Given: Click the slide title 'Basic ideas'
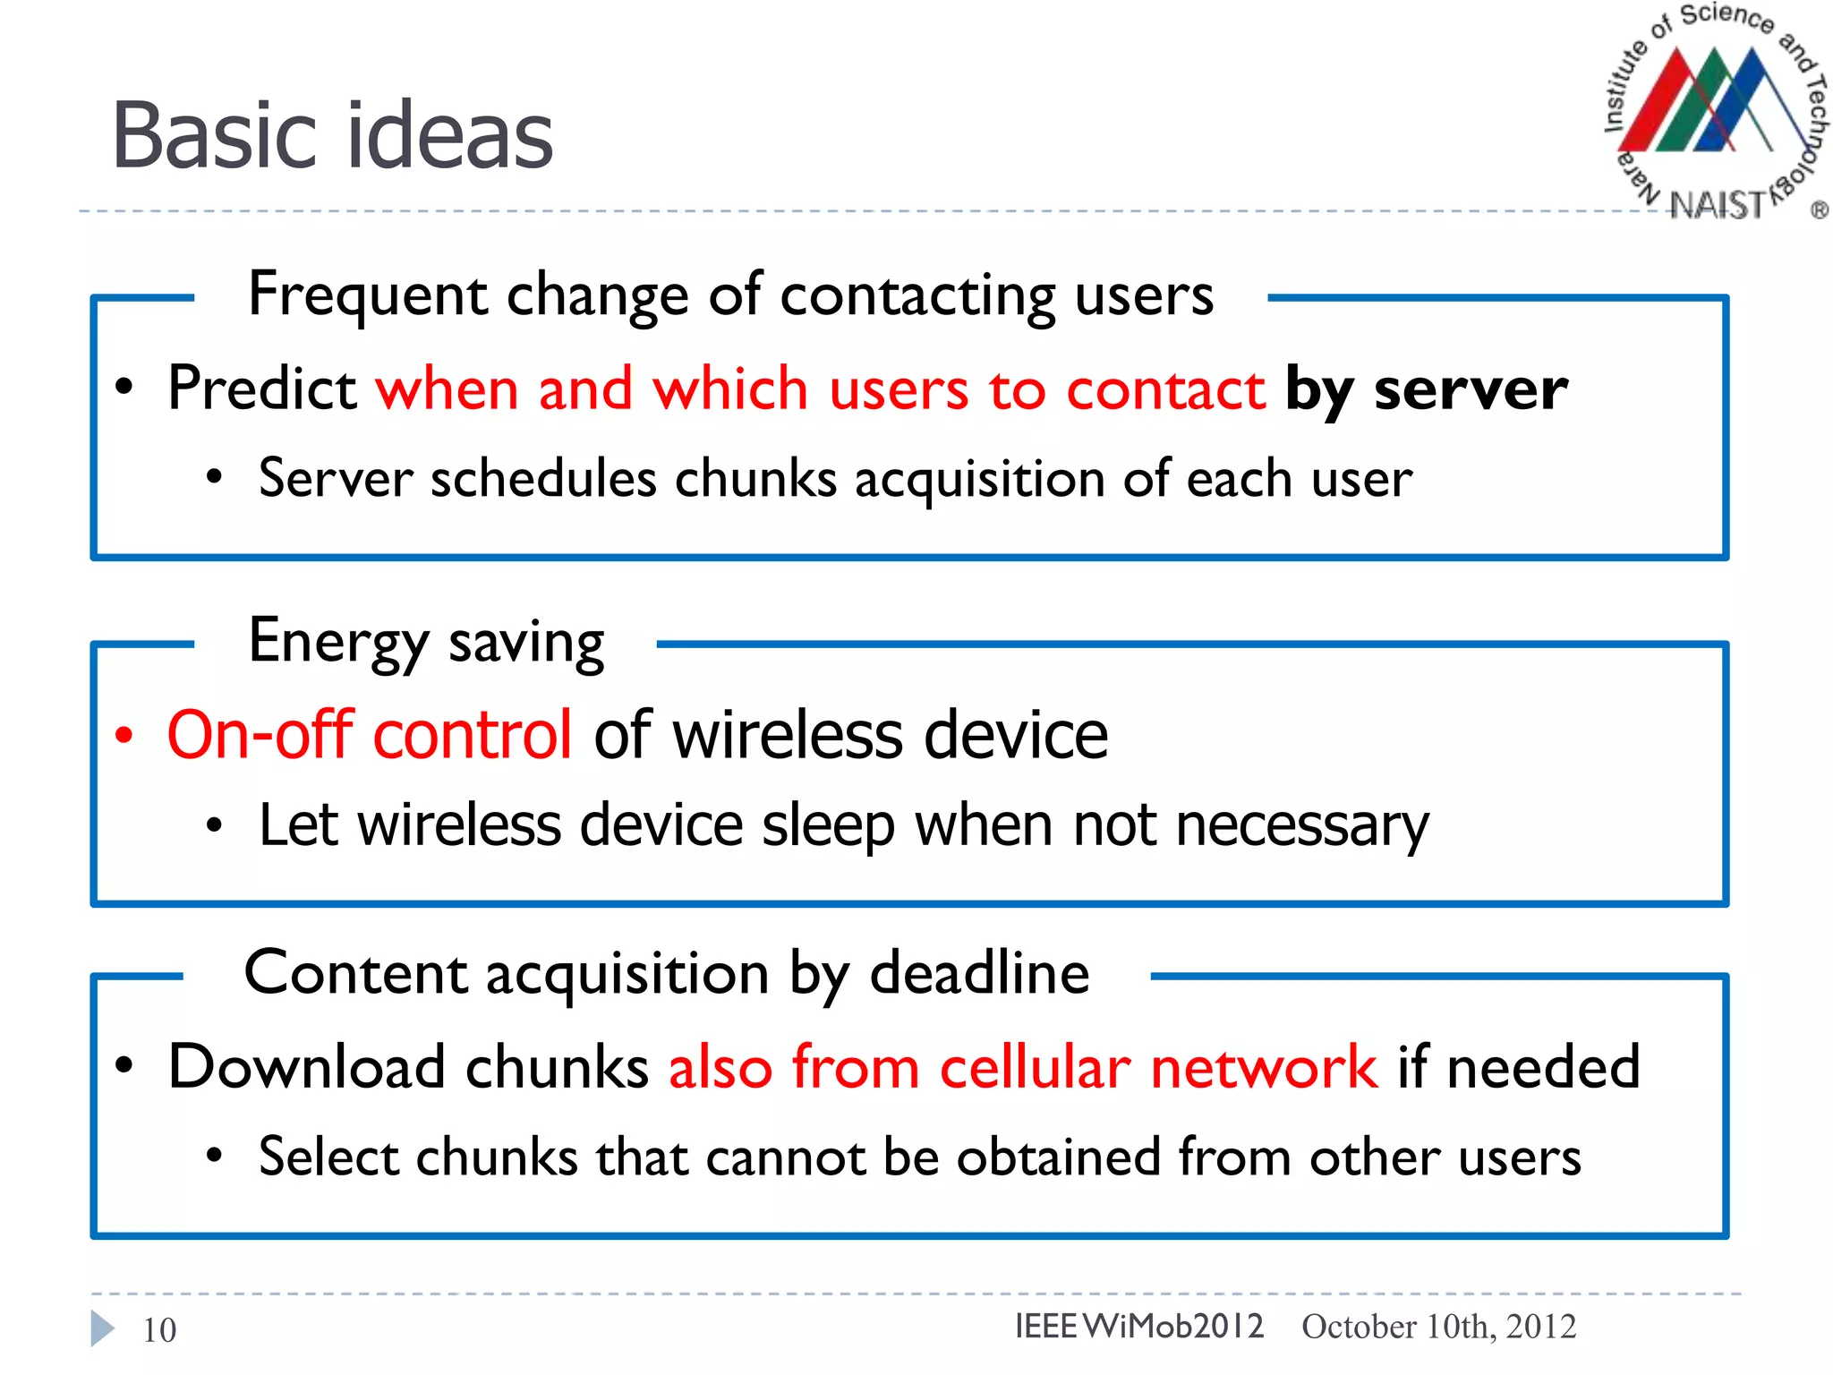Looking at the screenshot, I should click(332, 136).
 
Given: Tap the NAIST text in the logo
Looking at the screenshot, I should click(1716, 205).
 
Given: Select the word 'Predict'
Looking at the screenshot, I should click(262, 389).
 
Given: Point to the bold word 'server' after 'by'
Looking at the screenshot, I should click(1471, 390).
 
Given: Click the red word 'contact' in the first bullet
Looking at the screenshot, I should click(1165, 390).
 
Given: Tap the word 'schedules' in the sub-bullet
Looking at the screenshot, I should click(543, 479).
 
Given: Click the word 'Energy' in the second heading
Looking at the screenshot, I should click(338, 642).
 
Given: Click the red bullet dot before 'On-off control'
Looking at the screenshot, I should click(124, 736).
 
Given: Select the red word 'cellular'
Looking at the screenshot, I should click(1035, 1068).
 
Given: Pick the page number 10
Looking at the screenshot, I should click(159, 1330).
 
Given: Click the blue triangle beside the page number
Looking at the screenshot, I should click(102, 1328).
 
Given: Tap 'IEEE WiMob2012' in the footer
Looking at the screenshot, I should click(1138, 1326).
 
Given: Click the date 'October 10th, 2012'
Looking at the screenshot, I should click(1438, 1327).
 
